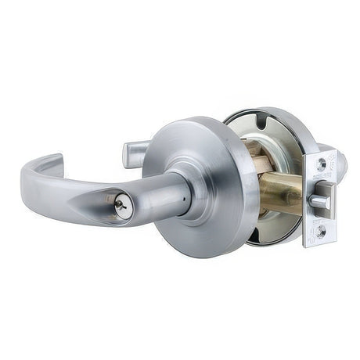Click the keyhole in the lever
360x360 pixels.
pos(120,206)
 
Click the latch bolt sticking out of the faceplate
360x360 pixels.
pos(319,202)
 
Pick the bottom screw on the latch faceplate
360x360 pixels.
pos(320,231)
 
